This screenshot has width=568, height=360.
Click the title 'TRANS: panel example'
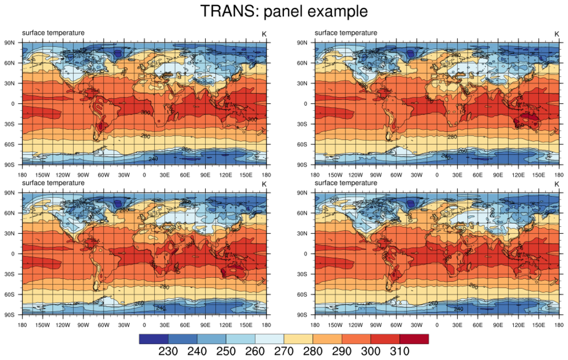tap(284, 11)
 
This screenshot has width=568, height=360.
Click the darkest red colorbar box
tap(414, 339)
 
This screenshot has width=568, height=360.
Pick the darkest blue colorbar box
tap(153, 339)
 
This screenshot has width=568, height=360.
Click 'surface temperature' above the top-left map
tap(53, 33)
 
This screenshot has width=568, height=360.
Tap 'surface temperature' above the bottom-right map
tap(346, 183)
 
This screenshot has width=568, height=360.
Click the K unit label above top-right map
tap(556, 34)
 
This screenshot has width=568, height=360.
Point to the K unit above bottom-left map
tap(264, 184)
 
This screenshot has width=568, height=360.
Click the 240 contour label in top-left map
tap(153, 159)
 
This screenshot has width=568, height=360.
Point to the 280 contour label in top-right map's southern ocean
tap(452, 137)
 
